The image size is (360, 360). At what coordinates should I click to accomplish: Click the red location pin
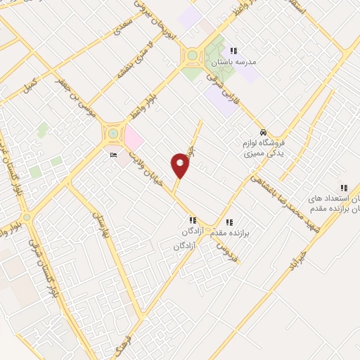click(181, 165)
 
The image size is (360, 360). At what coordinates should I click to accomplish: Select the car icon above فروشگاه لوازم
click(263, 132)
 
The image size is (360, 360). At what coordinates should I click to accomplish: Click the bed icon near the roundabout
click(113, 155)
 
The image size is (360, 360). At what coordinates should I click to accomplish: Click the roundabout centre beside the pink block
click(112, 133)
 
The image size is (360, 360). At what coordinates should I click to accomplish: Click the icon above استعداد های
click(344, 188)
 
